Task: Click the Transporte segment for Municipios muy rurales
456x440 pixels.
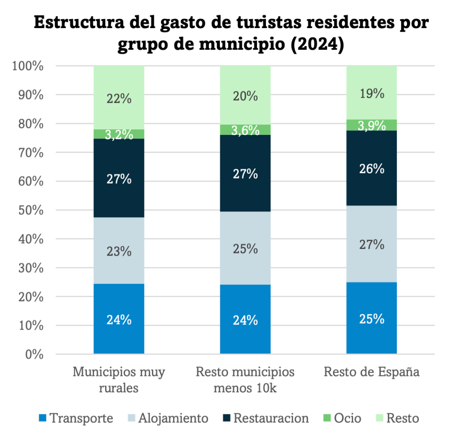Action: coord(119,318)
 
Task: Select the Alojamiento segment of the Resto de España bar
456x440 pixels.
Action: coord(371,244)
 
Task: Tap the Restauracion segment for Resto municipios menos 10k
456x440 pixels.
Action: coord(245,173)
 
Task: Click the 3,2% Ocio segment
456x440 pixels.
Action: coord(119,134)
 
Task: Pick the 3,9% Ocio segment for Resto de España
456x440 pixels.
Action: coord(371,125)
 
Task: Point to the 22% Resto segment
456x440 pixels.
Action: coord(119,98)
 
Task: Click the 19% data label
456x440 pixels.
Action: coord(372,93)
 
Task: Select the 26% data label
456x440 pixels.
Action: coord(372,169)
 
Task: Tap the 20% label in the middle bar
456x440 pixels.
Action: coord(246,96)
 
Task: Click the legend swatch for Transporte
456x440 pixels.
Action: coord(42,418)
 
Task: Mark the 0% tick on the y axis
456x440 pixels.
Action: coord(34,354)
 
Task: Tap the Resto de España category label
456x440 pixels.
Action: coord(371,372)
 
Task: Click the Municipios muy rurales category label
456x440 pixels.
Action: coord(119,379)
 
